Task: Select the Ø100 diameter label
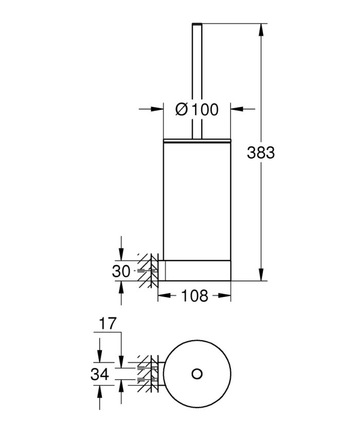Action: [196, 109]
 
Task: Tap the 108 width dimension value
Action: [194, 296]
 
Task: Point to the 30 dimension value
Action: [121, 271]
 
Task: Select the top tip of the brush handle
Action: [196, 24]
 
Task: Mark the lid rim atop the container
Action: [196, 139]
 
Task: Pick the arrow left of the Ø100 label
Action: [157, 109]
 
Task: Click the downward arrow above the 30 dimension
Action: [121, 255]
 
